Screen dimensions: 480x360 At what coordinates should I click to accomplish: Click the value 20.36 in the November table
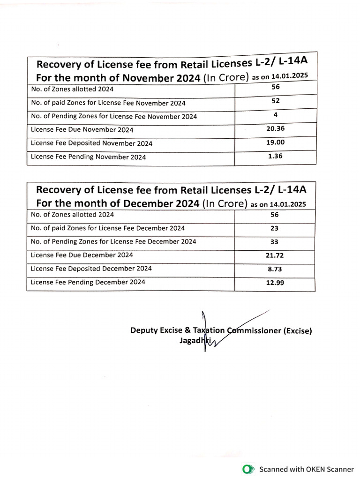pos(276,128)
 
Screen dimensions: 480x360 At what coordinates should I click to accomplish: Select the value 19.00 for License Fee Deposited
pos(276,142)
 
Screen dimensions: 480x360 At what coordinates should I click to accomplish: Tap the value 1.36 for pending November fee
pos(276,156)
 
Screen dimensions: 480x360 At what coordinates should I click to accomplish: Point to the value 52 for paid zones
pos(276,100)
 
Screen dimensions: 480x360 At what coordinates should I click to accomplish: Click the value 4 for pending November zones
pos(276,114)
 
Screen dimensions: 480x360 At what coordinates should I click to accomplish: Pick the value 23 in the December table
pos(275,228)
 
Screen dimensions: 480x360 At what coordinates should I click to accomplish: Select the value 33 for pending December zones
pos(275,242)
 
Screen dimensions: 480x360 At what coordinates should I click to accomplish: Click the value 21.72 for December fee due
pos(275,256)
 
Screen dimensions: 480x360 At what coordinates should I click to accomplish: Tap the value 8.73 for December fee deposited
pos(275,270)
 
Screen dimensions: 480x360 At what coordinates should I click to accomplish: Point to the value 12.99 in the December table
pos(275,283)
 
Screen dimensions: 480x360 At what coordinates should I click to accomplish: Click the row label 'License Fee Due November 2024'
pos(82,130)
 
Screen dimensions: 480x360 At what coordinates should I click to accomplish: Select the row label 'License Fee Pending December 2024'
pos(88,282)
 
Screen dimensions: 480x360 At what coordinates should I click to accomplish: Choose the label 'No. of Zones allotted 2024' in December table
pos(72,215)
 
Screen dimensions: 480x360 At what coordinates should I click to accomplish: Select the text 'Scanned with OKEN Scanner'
pos(307,469)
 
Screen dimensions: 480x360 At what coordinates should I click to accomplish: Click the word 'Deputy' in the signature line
pos(144,330)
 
